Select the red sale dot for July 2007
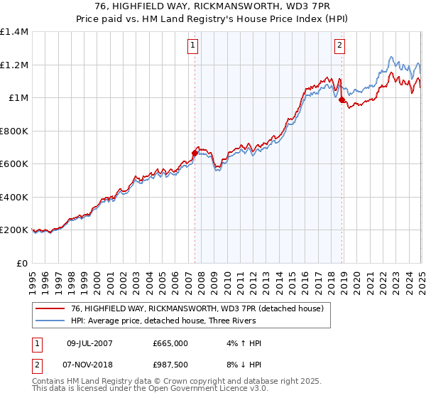[195, 151]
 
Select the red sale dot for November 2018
[342, 99]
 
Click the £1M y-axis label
[18, 98]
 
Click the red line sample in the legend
[50, 308]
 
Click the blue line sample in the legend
[50, 321]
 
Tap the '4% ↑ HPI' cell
[241, 343]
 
